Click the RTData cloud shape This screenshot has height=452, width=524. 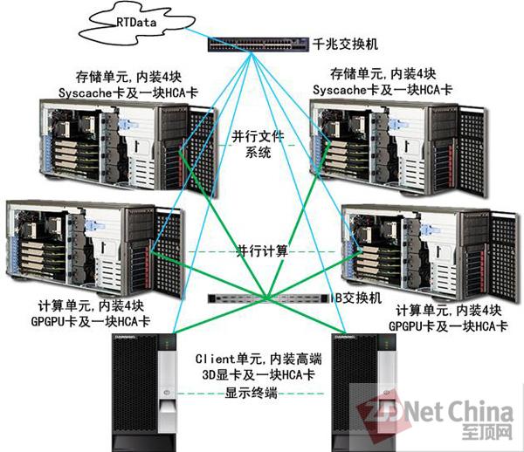tap(130, 24)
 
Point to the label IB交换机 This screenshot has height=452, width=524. tap(357, 297)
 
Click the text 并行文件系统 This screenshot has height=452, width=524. tap(258, 144)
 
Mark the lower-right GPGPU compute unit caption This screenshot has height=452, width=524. tap(451, 318)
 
